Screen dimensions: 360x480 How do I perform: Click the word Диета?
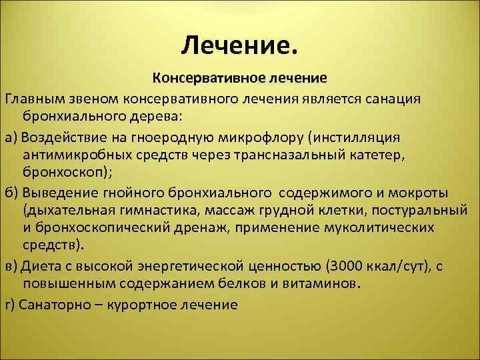pyautogui.click(x=40, y=266)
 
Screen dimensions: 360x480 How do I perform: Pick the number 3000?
pyautogui.click(x=295, y=266)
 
